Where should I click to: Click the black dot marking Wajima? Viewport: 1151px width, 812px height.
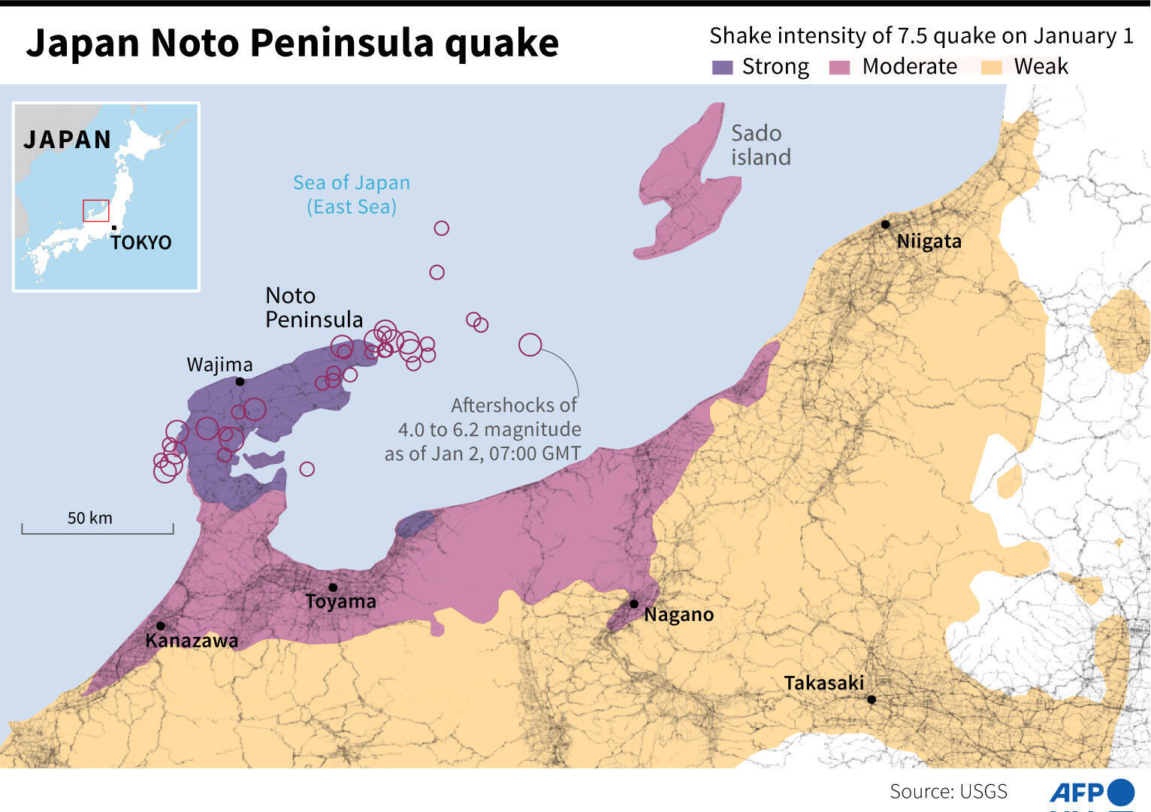[240, 382]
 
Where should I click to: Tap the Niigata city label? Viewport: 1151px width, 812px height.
[929, 241]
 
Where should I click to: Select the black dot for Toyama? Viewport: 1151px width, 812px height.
[333, 587]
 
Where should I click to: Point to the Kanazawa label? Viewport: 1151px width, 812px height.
[192, 641]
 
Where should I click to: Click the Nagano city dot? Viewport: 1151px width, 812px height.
[634, 604]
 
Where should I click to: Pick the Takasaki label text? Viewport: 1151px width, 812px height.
[823, 683]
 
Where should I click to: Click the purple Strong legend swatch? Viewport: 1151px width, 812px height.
[721, 68]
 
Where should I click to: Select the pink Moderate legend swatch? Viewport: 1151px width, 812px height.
[839, 68]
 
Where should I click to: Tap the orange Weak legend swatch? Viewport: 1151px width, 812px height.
[992, 68]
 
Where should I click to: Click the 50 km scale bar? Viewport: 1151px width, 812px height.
[98, 529]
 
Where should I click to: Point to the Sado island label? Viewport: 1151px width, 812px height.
[760, 145]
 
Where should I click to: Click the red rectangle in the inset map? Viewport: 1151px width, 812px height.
[95, 211]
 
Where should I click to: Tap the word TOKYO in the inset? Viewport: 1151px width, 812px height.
[141, 243]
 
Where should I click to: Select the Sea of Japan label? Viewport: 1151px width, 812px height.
[351, 194]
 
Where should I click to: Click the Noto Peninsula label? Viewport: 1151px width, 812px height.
[313, 308]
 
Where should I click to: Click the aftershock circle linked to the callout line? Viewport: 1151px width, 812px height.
[530, 344]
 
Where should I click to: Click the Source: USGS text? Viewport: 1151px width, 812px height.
[948, 791]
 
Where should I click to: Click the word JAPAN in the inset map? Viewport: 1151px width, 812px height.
[67, 140]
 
